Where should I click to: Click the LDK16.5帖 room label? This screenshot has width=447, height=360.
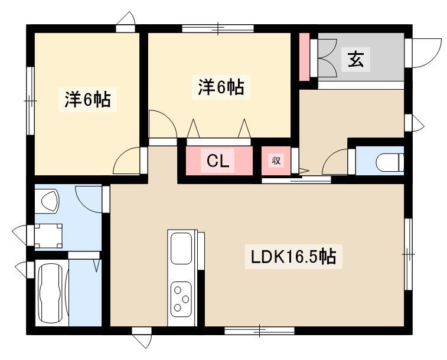tap(293, 256)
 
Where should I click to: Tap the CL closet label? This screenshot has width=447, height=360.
tap(218, 161)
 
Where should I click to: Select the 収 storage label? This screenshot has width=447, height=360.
tap(276, 161)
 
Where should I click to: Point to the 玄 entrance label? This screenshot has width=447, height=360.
tap(355, 59)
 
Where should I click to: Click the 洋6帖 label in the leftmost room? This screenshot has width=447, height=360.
tap(87, 99)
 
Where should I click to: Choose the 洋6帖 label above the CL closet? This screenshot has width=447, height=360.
tap(221, 87)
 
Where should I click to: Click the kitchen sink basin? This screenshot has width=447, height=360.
tap(181, 248)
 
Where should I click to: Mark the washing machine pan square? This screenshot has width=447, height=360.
tap(48, 236)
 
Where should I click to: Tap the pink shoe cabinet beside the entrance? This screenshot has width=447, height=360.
tap(304, 57)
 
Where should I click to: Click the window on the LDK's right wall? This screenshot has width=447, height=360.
tap(408, 254)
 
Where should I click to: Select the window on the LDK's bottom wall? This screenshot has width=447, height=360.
tap(259, 330)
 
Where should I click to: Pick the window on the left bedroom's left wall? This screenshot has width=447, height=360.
tap(30, 101)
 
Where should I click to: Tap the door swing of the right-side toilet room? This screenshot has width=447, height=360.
tap(335, 162)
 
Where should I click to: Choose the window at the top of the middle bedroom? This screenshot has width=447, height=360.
tap(218, 28)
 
